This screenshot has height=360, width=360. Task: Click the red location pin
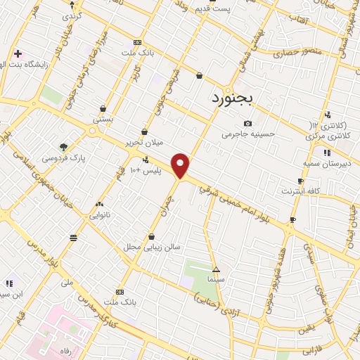pos(181,165)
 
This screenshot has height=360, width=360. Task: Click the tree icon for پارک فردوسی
pos(64,147)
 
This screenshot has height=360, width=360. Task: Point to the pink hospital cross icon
pos(18,53)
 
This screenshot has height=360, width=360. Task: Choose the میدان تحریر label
pos(144,141)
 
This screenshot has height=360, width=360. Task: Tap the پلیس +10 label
pos(147,170)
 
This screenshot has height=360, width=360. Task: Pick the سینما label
pos(216,279)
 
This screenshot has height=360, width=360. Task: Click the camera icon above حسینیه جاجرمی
pos(247,124)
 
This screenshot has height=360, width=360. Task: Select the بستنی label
pos(103,120)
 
